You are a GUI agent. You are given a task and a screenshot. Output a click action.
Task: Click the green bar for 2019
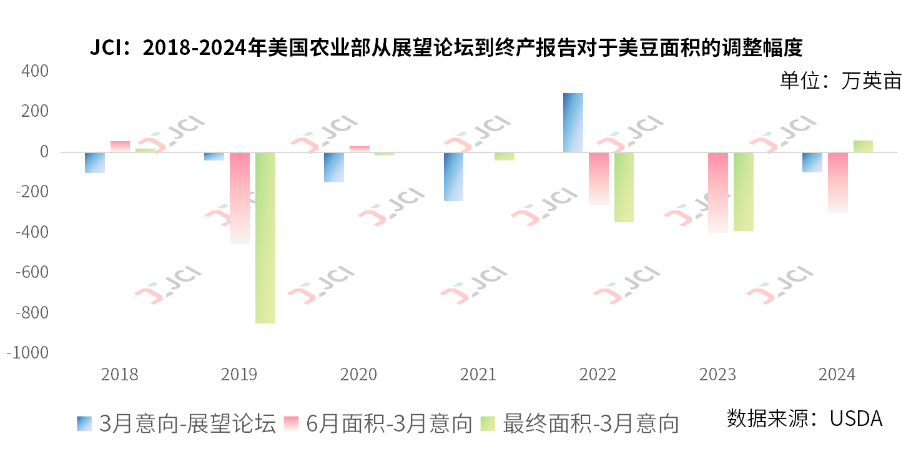coord(265,237)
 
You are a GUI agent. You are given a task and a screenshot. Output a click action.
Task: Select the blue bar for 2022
coord(573,122)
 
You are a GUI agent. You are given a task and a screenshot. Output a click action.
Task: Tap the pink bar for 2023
coord(718,192)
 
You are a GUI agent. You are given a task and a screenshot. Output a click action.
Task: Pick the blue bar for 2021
coord(453,177)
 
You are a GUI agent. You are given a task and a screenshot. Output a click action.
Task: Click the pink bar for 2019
coord(240,198)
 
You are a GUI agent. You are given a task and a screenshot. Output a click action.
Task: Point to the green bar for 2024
coord(863,146)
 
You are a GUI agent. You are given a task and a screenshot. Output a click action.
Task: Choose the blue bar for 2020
coord(334,167)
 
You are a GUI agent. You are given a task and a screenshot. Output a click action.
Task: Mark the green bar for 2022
coord(624,187)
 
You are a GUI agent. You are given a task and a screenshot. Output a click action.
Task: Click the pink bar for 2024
coord(838,182)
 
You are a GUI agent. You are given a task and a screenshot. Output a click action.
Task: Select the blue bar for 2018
coord(95,162)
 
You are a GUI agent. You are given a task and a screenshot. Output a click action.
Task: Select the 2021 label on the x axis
coord(478,375)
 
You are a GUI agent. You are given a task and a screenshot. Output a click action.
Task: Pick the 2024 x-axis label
coord(837,375)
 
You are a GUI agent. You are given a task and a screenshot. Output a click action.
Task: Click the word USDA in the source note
coord(856,418)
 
